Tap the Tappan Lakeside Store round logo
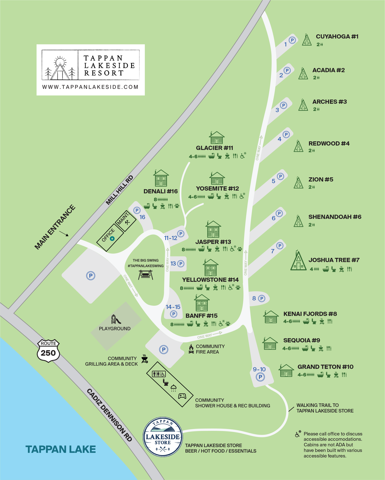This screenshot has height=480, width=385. [x=163, y=437]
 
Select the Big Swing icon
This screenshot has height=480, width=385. [x=146, y=275]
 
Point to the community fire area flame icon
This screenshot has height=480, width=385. [x=191, y=349]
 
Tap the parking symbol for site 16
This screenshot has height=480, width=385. [x=137, y=210]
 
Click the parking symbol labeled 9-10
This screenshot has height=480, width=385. [x=260, y=377]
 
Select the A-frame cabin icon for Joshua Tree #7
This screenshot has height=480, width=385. [x=298, y=261]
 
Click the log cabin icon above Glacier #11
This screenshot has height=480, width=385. [x=217, y=138]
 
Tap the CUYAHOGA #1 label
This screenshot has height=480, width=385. [x=337, y=36]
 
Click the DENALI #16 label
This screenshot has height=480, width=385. [x=160, y=191]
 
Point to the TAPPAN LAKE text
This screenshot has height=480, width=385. [x=61, y=449]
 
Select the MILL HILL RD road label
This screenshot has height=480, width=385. [x=120, y=190]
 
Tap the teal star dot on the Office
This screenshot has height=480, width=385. [x=112, y=239]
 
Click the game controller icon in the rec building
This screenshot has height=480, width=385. [x=182, y=396]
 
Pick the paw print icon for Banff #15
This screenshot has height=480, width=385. [x=228, y=324]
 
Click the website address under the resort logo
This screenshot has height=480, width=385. [x=90, y=87]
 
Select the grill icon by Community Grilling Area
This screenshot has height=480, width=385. [x=145, y=359]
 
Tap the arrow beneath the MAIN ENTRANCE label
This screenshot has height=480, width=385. [x=64, y=233]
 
